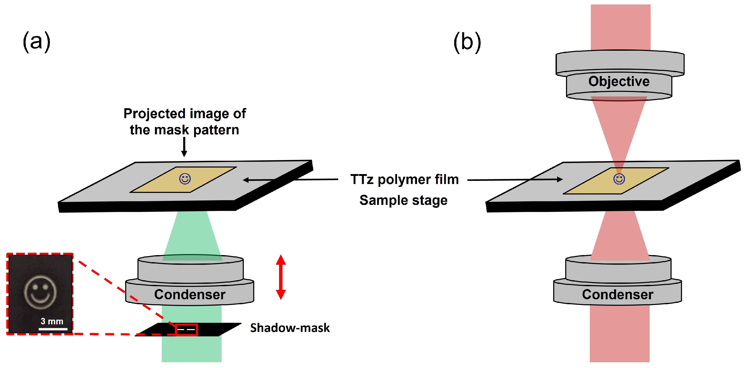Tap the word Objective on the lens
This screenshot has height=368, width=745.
pyautogui.click(x=619, y=81)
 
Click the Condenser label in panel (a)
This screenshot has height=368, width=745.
pyautogui.click(x=189, y=295)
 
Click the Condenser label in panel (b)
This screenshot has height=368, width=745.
pyautogui.click(x=617, y=295)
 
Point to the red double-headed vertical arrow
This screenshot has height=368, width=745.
pyautogui.click(x=281, y=277)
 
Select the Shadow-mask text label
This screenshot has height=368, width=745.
pyautogui.click(x=290, y=328)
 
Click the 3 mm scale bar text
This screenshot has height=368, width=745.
pyautogui.click(x=52, y=321)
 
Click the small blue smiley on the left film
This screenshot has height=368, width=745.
pyautogui.click(x=185, y=179)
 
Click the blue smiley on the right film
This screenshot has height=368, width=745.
pyautogui.click(x=619, y=179)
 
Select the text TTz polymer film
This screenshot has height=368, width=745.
pyautogui.click(x=404, y=179)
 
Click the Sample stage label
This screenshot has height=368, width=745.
pyautogui.click(x=403, y=200)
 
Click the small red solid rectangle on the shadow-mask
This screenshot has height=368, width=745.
pyautogui.click(x=187, y=330)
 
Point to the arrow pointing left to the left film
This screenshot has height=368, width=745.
pyautogui.click(x=289, y=180)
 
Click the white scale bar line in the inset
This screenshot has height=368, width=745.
pyautogui.click(x=53, y=329)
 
